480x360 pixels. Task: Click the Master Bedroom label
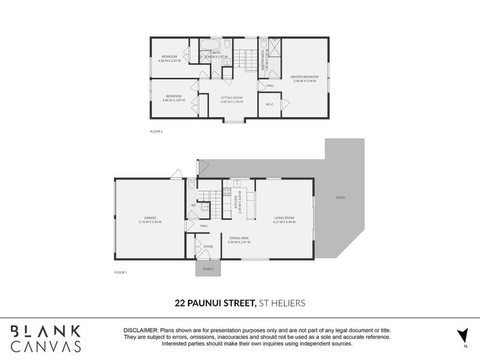pyautogui.click(x=305, y=77)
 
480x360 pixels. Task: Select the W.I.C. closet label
pyautogui.click(x=270, y=104)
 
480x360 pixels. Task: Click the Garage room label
pyautogui.click(x=149, y=218)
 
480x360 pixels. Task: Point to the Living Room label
pyautogui.click(x=284, y=218)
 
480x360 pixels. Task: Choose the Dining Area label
pyautogui.click(x=239, y=238)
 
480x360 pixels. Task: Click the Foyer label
pyautogui.click(x=208, y=247)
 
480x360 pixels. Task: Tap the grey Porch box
pyautogui.click(x=208, y=269)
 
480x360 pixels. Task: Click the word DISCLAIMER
pyautogui.click(x=140, y=331)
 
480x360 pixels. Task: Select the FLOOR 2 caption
pyautogui.click(x=156, y=131)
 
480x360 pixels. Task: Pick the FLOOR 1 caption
pyautogui.click(x=121, y=272)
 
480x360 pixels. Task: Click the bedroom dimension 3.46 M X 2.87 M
pyautogui.click(x=174, y=100)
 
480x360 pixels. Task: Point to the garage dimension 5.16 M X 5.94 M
pyautogui.click(x=149, y=222)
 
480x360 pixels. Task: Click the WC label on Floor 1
pyautogui.click(x=193, y=206)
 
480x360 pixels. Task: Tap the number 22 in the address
pyautogui.click(x=179, y=304)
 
